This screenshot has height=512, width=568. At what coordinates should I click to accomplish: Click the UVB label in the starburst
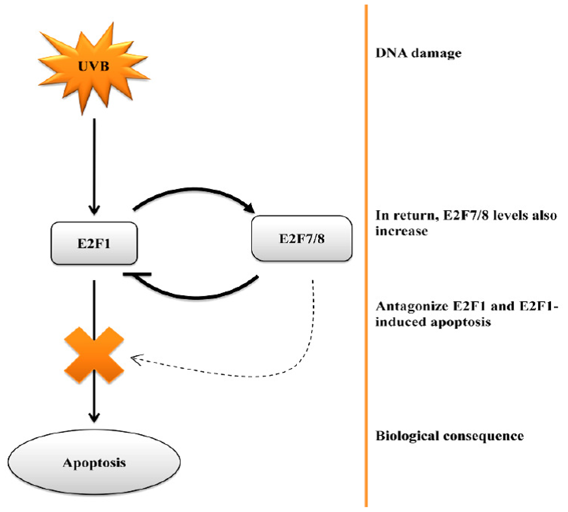94,67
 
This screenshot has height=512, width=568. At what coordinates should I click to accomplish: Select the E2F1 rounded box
94,243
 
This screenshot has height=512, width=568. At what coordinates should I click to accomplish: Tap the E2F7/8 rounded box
302,239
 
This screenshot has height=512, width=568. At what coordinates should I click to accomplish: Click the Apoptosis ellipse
94,463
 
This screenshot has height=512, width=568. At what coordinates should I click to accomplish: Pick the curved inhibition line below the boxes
197,297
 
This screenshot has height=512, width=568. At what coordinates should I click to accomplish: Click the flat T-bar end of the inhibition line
137,274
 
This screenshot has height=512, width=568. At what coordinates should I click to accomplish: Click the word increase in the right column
401,231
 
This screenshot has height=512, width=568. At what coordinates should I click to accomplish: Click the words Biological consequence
449,436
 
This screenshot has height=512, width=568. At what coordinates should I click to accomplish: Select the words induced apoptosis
433,322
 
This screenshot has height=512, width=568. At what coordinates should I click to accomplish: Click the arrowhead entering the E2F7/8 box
250,208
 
